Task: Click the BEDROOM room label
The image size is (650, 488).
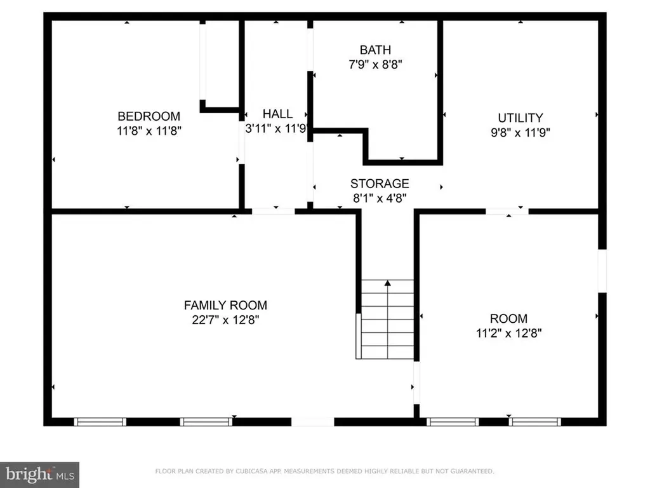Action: click(x=149, y=116)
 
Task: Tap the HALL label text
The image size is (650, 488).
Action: click(x=277, y=114)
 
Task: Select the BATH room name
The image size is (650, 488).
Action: click(x=375, y=50)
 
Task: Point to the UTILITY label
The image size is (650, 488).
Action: click(x=520, y=118)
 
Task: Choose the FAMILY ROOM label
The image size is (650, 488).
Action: click(x=225, y=305)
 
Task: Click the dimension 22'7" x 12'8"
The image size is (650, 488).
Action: click(x=225, y=320)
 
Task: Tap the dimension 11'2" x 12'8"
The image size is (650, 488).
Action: click(x=508, y=333)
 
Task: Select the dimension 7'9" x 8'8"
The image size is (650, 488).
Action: click(x=375, y=64)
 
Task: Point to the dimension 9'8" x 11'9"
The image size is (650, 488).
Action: click(x=520, y=133)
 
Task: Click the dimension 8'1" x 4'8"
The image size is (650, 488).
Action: click(x=380, y=198)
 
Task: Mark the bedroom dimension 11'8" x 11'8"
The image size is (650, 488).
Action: click(x=149, y=132)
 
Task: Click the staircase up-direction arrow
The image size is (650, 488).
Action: click(x=387, y=283)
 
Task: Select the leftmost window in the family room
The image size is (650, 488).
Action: click(x=100, y=421)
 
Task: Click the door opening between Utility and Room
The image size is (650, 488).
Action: click(x=507, y=211)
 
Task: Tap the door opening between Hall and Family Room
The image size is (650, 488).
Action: click(x=274, y=211)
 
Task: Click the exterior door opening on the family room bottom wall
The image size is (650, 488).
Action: click(x=312, y=421)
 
